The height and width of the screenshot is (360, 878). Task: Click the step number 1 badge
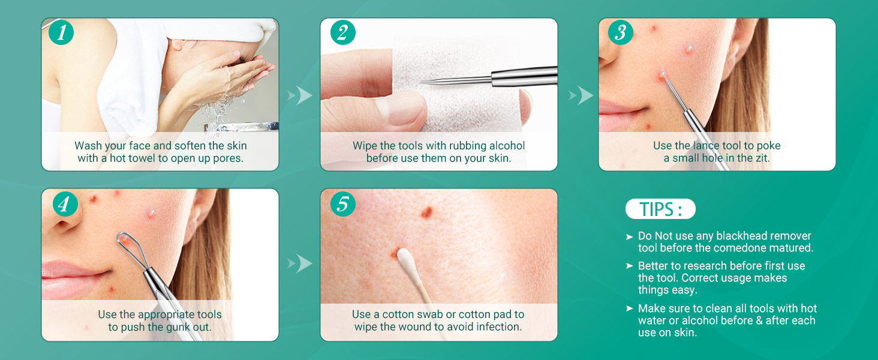(x=61, y=32)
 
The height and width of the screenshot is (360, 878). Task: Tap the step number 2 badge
(x=343, y=32)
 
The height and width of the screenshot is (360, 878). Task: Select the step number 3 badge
(x=621, y=32)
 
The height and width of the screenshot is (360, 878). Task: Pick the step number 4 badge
(x=65, y=204)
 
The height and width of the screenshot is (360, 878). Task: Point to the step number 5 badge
(x=343, y=204)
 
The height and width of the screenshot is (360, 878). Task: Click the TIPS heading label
(x=660, y=209)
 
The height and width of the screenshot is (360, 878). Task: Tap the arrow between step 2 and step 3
(x=581, y=95)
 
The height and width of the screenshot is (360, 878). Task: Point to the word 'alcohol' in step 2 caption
(x=507, y=145)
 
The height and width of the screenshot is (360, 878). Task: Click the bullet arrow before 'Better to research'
(x=630, y=266)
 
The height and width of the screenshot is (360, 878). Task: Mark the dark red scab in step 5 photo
(x=426, y=212)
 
